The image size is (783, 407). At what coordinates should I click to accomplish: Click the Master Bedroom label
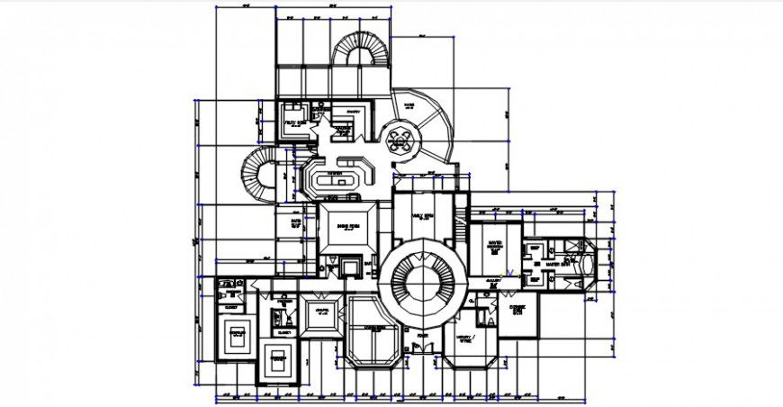coord(495,244)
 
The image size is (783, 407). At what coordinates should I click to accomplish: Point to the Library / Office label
coord(465,339)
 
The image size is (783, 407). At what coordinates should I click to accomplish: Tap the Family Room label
coord(422,217)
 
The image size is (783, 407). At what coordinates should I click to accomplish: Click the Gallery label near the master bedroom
coord(493,283)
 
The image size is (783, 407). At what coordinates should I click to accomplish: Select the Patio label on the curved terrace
coord(409,106)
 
